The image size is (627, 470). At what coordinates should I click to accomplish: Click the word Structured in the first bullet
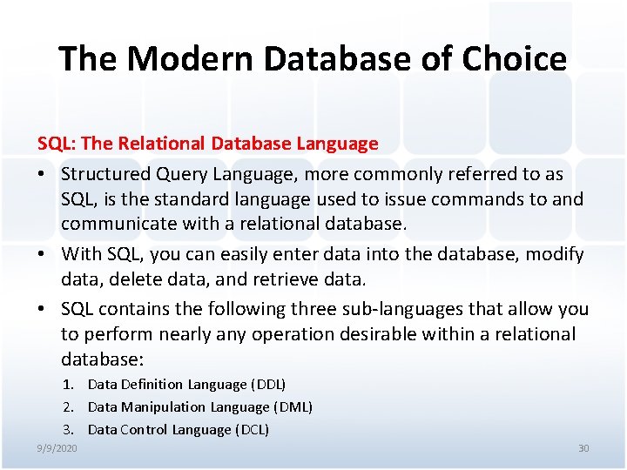105,174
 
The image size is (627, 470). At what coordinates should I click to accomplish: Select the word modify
554,255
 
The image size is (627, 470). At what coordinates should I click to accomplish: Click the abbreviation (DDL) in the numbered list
268,384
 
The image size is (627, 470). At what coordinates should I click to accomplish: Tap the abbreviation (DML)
293,406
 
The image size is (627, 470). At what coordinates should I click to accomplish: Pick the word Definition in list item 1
149,384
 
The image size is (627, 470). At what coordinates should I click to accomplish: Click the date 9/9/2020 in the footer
57,448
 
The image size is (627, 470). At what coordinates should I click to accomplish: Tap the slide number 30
583,448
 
